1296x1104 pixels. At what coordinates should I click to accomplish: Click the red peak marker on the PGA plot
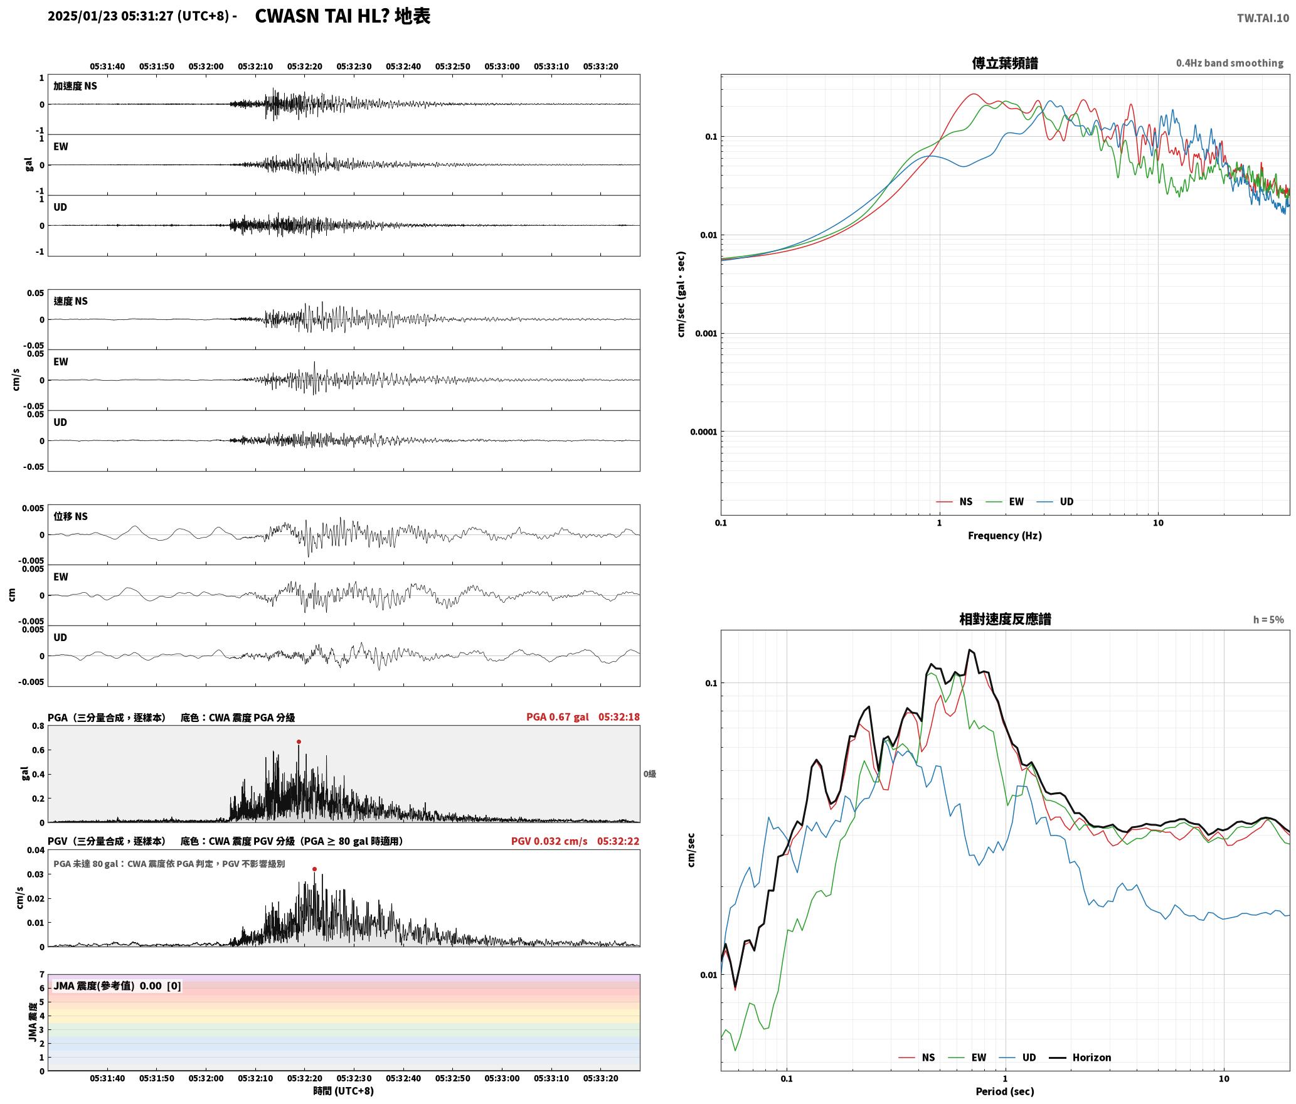click(299, 741)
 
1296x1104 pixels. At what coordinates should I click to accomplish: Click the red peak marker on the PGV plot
click(314, 869)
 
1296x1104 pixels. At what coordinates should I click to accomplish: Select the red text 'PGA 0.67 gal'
click(557, 717)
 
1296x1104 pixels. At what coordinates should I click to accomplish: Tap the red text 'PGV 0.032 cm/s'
click(549, 841)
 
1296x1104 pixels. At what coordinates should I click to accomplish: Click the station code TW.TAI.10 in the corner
click(1263, 18)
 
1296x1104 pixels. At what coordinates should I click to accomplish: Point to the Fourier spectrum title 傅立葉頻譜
click(1005, 63)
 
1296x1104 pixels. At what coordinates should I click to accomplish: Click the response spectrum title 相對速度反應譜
click(1005, 619)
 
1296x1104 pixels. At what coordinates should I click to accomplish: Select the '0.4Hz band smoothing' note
click(1230, 63)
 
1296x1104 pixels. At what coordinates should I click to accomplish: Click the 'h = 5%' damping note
click(1268, 620)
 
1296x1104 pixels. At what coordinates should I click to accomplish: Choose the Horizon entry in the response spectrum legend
click(1080, 1057)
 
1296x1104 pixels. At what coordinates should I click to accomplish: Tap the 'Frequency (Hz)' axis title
click(1004, 535)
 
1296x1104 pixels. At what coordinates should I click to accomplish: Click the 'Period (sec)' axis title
click(1004, 1091)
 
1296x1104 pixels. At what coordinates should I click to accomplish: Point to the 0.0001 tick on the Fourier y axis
click(703, 432)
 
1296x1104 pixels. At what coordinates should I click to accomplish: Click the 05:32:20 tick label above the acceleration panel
click(305, 66)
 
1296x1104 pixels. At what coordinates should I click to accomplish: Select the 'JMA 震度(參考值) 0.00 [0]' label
click(117, 985)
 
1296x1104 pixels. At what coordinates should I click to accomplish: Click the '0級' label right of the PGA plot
click(649, 774)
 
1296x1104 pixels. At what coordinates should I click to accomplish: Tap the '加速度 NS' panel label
click(75, 86)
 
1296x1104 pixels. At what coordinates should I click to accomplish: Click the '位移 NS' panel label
click(71, 516)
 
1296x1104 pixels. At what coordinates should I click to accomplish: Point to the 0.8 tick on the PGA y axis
click(38, 726)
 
